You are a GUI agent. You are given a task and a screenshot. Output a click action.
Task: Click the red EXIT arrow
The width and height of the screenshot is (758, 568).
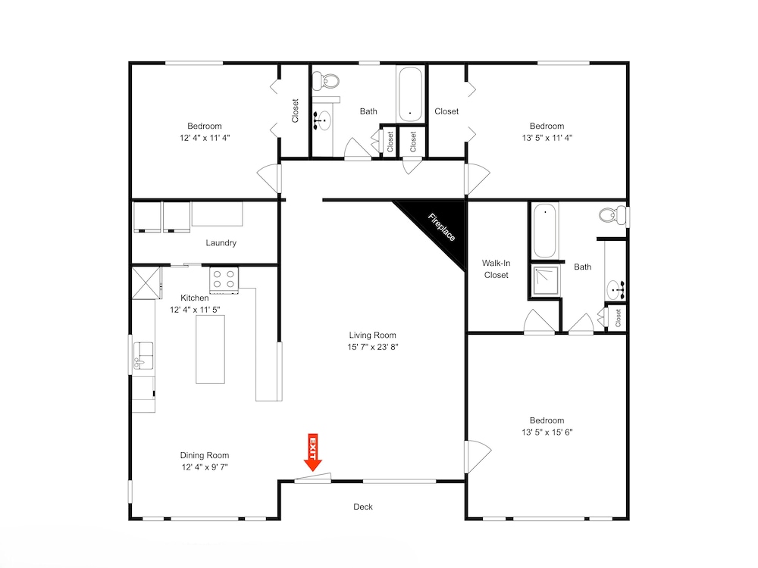pos(313,452)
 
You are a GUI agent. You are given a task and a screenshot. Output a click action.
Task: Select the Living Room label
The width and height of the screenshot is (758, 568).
pos(372,335)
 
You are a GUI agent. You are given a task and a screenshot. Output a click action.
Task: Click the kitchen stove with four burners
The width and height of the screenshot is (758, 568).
pos(224,279)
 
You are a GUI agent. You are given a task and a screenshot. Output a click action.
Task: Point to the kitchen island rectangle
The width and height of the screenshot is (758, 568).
pos(210,349)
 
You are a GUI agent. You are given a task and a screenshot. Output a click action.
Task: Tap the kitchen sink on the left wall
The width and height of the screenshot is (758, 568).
pos(143,355)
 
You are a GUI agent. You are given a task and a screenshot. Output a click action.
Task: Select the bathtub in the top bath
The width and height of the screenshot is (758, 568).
pos(410,94)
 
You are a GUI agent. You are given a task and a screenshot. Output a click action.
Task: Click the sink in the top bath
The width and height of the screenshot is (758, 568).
pos(322,120)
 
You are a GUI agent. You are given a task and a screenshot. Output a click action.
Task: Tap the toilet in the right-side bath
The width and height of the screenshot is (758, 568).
pos(613,215)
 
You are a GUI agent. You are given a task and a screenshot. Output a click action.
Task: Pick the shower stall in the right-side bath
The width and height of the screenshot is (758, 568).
pos(546,280)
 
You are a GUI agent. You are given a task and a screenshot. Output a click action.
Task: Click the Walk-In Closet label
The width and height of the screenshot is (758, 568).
pos(496,269)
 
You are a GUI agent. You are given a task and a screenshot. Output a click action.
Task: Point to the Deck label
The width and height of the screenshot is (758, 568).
pos(363,507)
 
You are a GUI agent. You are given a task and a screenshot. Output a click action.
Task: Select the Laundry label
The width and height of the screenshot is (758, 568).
pos(221,242)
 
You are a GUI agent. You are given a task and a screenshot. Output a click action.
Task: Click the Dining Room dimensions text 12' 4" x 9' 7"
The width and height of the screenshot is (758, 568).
pos(205,467)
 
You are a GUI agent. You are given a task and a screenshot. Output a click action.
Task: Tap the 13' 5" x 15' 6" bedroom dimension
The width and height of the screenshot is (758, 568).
pos(547,432)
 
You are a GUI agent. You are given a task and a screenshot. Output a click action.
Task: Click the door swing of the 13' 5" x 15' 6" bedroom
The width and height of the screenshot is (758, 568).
pos(478,456)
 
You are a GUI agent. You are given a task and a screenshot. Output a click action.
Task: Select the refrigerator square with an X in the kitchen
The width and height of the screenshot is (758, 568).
pos(146,282)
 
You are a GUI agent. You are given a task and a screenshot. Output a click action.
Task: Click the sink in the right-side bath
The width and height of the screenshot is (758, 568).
pos(615,290)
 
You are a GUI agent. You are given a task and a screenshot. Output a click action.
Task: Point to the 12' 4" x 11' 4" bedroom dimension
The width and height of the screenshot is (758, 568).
pos(205,138)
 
